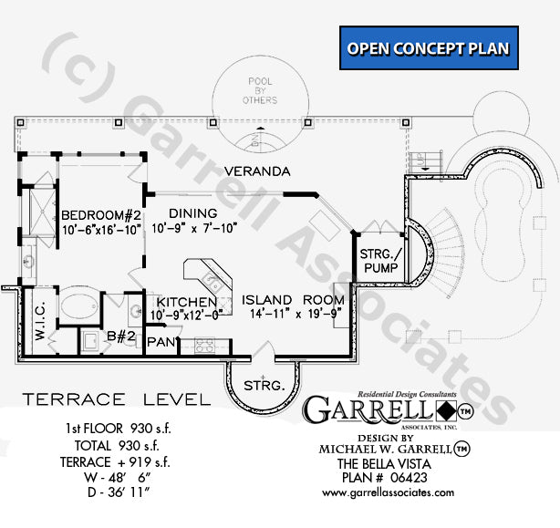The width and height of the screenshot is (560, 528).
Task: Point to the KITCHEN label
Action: (185, 302)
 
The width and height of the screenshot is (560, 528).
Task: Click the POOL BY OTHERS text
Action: (261, 91)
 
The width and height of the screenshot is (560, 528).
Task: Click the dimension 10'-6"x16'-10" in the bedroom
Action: (100, 229)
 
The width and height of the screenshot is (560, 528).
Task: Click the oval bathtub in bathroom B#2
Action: (78, 303)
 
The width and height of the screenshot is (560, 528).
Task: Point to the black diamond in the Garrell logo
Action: (440, 410)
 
